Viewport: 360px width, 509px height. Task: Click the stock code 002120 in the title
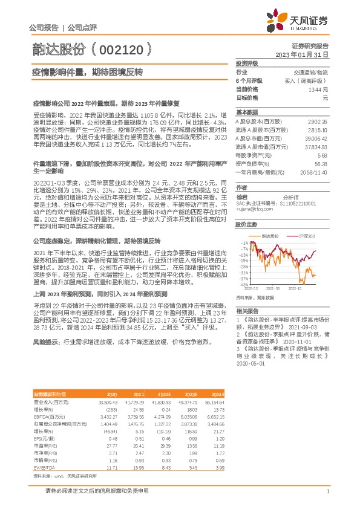pos(119,47)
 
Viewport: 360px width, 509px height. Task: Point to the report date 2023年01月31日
pos(301,54)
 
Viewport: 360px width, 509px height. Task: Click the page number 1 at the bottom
pos(327,492)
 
